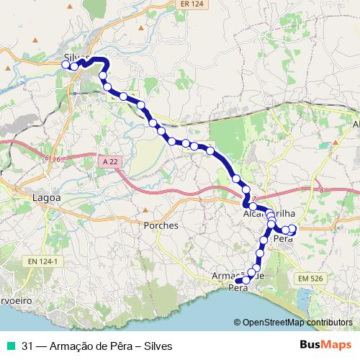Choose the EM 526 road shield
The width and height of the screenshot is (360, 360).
[x=309, y=277]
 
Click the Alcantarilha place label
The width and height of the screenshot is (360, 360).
[x=266, y=215]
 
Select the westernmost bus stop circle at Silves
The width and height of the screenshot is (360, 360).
[x=66, y=65]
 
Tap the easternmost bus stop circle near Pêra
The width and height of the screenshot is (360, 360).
[x=293, y=229]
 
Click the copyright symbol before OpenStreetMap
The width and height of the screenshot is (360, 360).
[x=238, y=323]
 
